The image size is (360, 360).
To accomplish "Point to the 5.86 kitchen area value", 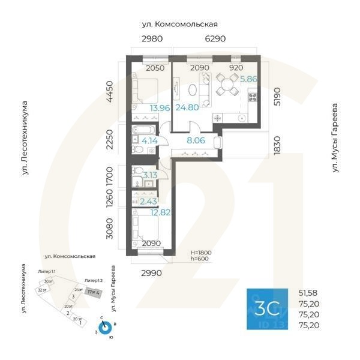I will point(248,79).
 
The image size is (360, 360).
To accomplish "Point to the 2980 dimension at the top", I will point(152,39).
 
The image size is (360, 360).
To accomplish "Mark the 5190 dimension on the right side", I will point(277,96).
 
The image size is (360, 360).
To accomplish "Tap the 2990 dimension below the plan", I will point(152,273).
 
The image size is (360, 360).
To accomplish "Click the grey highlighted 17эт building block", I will point(93,292).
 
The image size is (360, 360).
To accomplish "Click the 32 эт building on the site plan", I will point(41,290).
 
